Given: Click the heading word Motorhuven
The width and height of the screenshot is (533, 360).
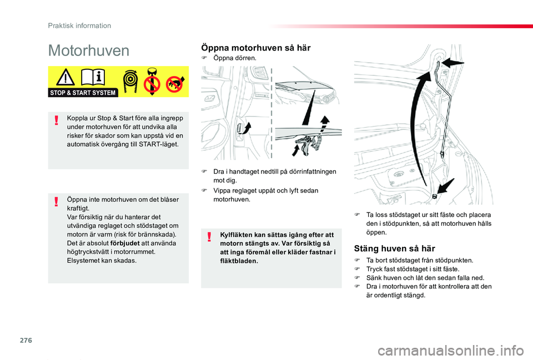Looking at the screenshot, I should click(89, 51).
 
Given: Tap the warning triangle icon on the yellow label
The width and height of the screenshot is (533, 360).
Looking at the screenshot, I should click(65, 79).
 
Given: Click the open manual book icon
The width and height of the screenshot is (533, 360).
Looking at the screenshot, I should click(92, 78).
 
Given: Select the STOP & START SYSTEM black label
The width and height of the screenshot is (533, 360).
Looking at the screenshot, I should click(83, 93).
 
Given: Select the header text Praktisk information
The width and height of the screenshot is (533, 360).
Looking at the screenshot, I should click(79, 26).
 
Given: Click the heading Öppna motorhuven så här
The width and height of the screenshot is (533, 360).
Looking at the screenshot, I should click(255, 48).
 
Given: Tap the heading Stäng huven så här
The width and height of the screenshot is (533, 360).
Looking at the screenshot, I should click(394, 249).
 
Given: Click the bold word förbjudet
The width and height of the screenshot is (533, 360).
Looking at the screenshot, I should click(125, 243).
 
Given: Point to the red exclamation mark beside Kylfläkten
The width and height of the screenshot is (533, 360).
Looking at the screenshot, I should click(209, 238).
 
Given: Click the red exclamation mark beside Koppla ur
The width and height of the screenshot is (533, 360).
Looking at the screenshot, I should click(56, 121).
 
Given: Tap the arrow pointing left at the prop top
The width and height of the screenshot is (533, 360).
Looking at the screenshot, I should click(454, 62).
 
